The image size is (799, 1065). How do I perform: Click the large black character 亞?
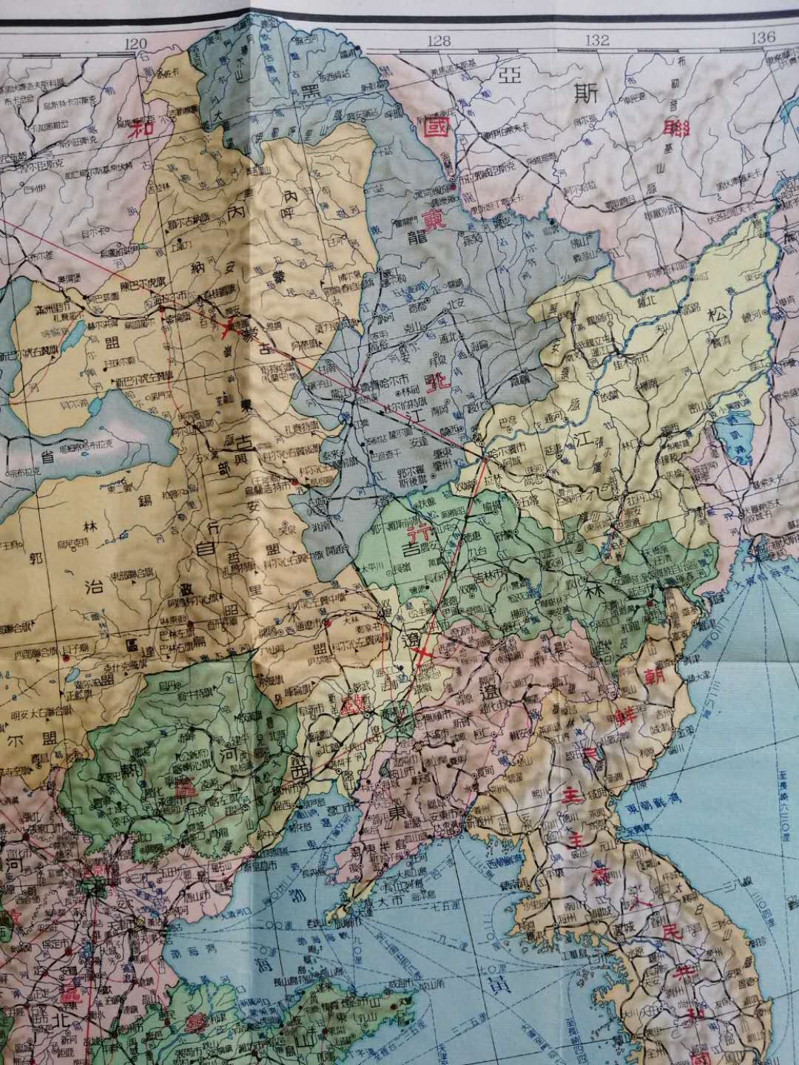[508, 91]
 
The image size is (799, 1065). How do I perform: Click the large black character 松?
[720, 313]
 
